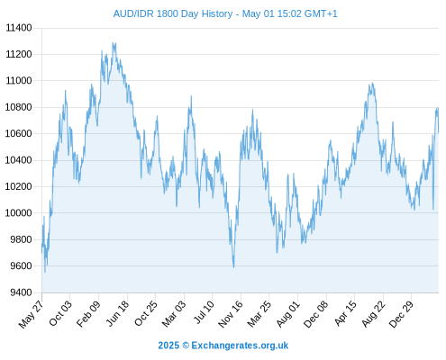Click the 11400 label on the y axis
click(x=19, y=28)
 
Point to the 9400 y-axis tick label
click(x=21, y=292)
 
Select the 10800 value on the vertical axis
click(x=19, y=107)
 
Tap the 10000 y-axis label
click(x=19, y=213)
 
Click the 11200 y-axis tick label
click(x=19, y=54)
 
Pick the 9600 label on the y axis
click(x=21, y=265)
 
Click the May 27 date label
click(x=32, y=314)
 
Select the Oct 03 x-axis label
click(x=60, y=313)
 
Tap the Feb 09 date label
click(x=88, y=314)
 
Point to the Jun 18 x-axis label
click(x=118, y=313)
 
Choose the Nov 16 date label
click(x=231, y=314)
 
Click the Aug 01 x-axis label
click(x=288, y=314)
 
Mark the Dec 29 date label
click(x=401, y=314)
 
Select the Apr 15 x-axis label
click(x=345, y=313)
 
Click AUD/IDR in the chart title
click(x=133, y=13)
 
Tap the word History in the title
click(x=217, y=13)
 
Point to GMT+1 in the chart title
click(x=321, y=13)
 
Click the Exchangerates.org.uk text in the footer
click(x=240, y=346)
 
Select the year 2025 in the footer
click(x=168, y=346)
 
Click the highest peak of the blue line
click(x=113, y=43)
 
